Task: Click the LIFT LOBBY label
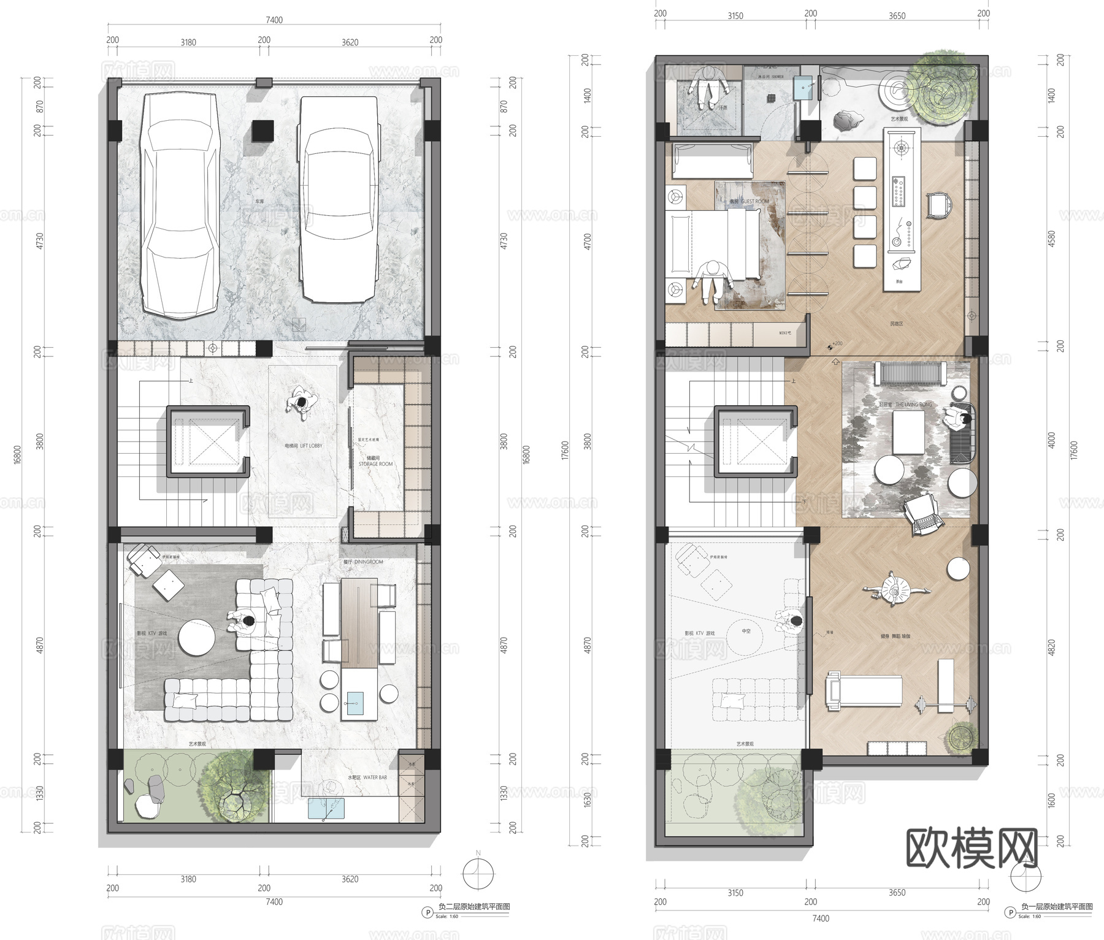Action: point(304,446)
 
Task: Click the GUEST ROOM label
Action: point(749,201)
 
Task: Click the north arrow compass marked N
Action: point(478,873)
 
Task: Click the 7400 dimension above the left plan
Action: point(274,20)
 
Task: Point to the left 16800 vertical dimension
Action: point(17,454)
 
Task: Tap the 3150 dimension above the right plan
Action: point(735,16)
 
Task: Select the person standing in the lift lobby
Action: point(302,402)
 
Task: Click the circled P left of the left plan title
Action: point(427,912)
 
